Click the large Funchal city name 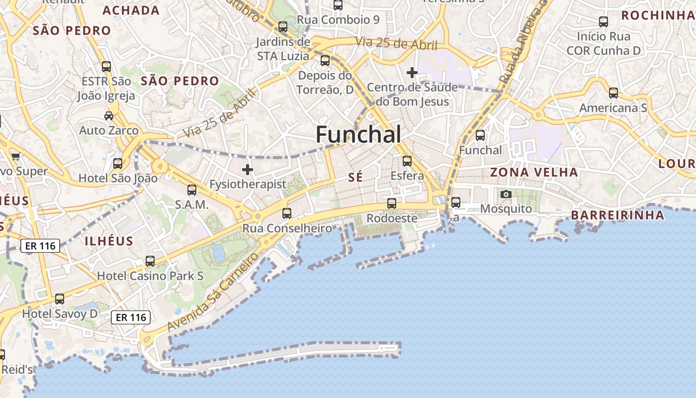coord(358,134)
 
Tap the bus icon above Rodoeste coord(392,203)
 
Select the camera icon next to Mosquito coord(506,194)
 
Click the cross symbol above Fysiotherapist coord(247,170)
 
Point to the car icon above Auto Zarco coord(108,116)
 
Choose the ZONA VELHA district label coord(534,173)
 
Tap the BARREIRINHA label coord(617,215)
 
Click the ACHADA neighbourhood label coord(131,10)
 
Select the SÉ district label coord(355,177)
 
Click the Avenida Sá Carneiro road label coord(214,292)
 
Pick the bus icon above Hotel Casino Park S coord(150,261)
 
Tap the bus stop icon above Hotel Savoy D coord(60,299)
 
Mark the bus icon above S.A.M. coord(191,190)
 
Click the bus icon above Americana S coord(613,93)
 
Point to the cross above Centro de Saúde coord(412,73)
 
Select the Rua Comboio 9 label coord(338,20)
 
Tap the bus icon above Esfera coord(407,161)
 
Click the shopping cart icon coord(15,157)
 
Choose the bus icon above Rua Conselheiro coord(287,213)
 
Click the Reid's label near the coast coord(17,370)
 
